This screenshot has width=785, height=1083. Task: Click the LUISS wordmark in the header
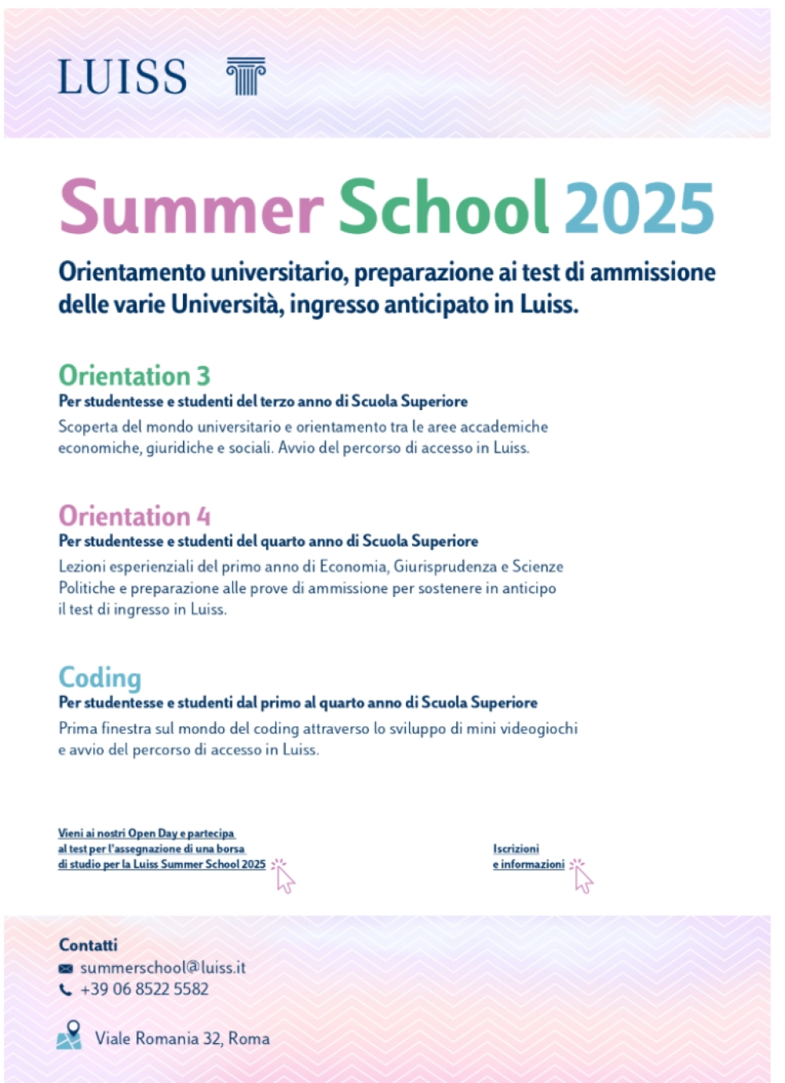pyautogui.click(x=122, y=77)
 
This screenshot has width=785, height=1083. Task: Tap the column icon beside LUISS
pyautogui.click(x=246, y=76)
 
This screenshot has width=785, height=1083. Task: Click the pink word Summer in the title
pyautogui.click(x=192, y=207)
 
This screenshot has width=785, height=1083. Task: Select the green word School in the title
pyautogui.click(x=443, y=207)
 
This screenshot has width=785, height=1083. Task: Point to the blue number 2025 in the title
pyautogui.click(x=639, y=207)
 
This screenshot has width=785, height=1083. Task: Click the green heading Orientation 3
pyautogui.click(x=134, y=376)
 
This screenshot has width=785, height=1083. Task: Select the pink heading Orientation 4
pyautogui.click(x=134, y=516)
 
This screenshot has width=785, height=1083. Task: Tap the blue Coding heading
pyautogui.click(x=100, y=678)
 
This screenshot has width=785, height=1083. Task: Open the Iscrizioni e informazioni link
pyautogui.click(x=528, y=857)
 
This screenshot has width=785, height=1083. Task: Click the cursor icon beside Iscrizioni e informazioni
pyautogui.click(x=582, y=876)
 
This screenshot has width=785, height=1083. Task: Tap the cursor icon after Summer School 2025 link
pyautogui.click(x=283, y=876)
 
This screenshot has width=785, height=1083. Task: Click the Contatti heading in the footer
pyautogui.click(x=88, y=945)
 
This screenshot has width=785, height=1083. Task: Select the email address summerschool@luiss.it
pyautogui.click(x=163, y=968)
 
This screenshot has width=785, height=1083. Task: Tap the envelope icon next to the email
pyautogui.click(x=66, y=969)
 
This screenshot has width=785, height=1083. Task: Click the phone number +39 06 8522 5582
pyautogui.click(x=144, y=990)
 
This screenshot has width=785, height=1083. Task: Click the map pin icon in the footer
pyautogui.click(x=70, y=1035)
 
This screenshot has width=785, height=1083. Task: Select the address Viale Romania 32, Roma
pyautogui.click(x=182, y=1039)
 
